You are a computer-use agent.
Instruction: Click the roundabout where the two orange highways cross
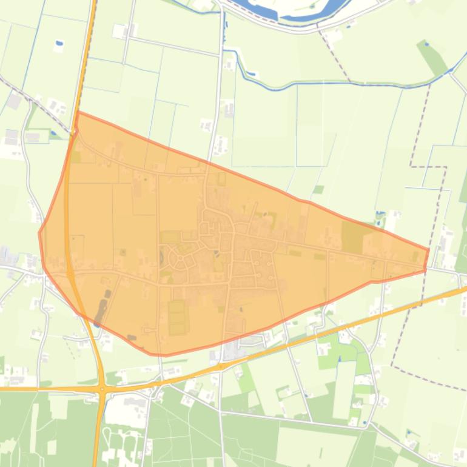coord(102,388)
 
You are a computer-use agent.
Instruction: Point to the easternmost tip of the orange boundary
coord(429,250)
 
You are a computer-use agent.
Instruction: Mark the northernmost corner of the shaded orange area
coord(78,112)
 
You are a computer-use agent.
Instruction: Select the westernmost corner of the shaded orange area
coord(39,232)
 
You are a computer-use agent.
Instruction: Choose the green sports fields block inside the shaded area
coord(176,317)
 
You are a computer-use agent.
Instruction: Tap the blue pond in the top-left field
coord(59,44)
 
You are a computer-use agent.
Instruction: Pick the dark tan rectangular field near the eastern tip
coord(352,237)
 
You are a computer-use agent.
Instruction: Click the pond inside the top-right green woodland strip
coord(426,44)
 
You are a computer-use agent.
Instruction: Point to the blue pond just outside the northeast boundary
coord(380,214)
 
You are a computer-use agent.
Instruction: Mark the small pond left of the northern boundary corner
coord(53,133)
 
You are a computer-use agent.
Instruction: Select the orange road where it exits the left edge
coord(2,389)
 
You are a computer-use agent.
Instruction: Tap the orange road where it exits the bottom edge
coord(95,465)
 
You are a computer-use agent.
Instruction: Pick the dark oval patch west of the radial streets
coord(161,257)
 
